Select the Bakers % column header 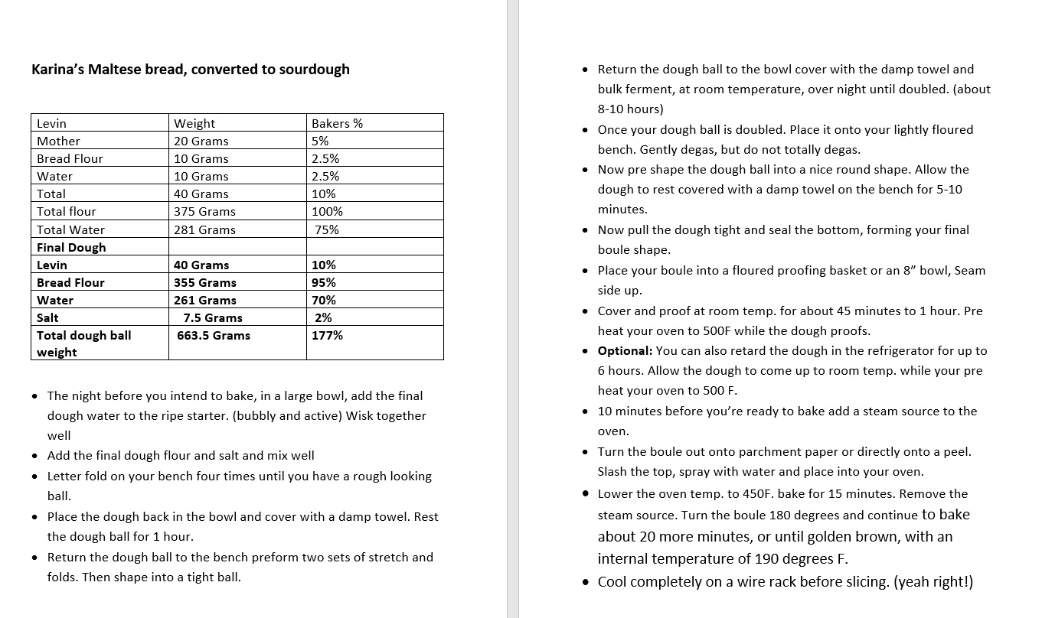click(337, 123)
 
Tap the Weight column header click(194, 123)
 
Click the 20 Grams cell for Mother click(201, 141)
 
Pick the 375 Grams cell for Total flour click(204, 211)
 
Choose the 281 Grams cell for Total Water click(204, 229)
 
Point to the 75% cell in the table click(327, 229)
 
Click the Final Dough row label click(71, 247)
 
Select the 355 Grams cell click(205, 282)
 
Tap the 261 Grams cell click(205, 300)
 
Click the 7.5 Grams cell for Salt click(213, 317)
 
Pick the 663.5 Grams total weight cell click(214, 335)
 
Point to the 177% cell click(328, 335)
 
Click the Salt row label click(47, 317)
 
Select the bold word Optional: click(625, 351)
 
